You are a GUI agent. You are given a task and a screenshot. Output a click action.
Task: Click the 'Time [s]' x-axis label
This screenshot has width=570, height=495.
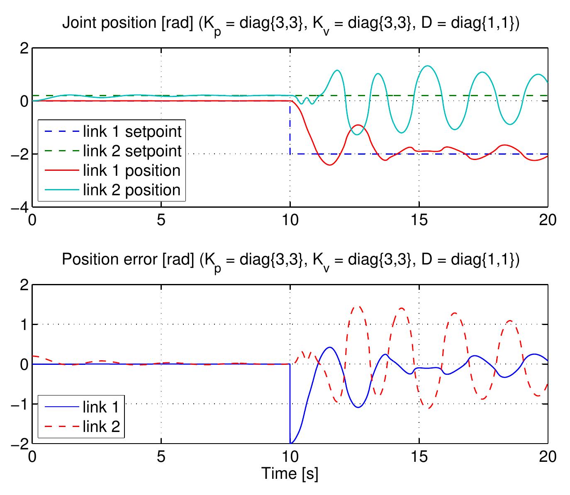click(290, 473)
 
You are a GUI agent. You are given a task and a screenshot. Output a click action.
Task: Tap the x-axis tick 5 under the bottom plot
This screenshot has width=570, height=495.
click(161, 456)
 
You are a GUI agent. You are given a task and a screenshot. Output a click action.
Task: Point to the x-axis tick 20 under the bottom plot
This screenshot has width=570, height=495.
click(548, 456)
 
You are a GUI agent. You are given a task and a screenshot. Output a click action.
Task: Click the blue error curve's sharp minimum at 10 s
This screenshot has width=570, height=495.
click(291, 443)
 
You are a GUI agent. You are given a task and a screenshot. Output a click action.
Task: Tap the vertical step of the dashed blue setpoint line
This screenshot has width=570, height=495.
click(290, 129)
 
